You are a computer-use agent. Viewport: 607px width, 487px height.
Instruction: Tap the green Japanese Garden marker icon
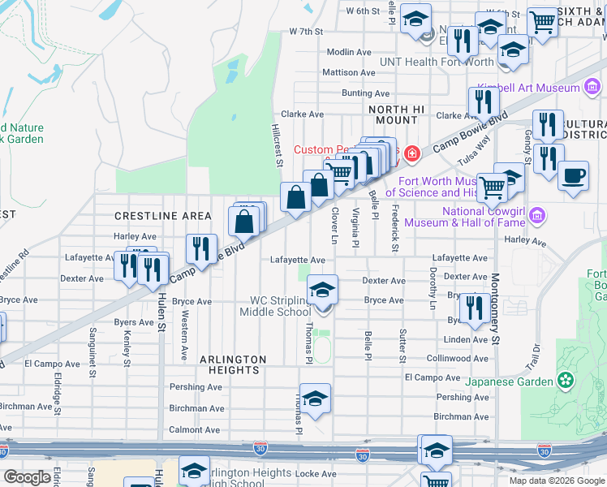(x=566, y=379)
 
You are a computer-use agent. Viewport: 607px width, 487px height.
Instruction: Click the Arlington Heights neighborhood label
(x=222, y=364)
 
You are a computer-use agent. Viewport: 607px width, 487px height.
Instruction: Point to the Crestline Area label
(x=163, y=216)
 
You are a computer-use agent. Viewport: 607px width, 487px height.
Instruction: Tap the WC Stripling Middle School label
(x=281, y=306)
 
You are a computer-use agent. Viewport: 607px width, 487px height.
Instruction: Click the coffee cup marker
(x=574, y=176)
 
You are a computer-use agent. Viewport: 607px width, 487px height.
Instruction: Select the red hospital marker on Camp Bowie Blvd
(x=412, y=153)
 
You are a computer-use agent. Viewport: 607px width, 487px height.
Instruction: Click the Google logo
(x=26, y=477)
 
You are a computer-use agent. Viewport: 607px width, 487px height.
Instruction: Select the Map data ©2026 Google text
(x=556, y=481)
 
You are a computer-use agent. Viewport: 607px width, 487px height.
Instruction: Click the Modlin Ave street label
(x=349, y=52)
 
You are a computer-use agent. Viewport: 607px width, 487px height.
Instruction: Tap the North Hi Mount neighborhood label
(x=394, y=114)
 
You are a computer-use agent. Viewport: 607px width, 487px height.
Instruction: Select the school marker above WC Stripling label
(x=322, y=289)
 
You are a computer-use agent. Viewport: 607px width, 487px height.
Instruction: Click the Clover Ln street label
(x=334, y=225)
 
